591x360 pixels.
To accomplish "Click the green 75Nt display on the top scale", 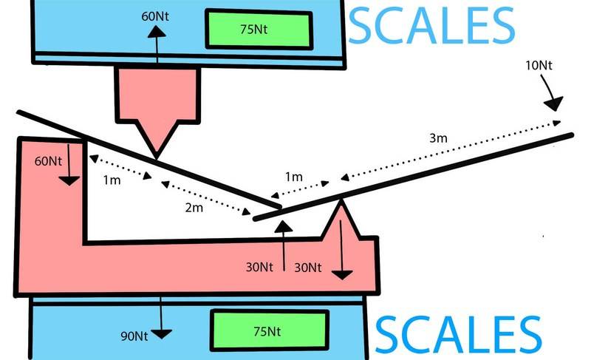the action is pyautogui.click(x=259, y=30).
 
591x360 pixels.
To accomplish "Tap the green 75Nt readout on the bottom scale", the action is pyautogui.click(x=269, y=330).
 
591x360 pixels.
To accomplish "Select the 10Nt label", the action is pyautogui.click(x=539, y=65).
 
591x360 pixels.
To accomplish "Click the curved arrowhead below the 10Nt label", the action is pyautogui.click(x=553, y=103).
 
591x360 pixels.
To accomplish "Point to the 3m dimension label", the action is pyautogui.click(x=438, y=138).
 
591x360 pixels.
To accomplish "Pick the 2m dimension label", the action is pyautogui.click(x=194, y=207).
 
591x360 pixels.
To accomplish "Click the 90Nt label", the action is pyautogui.click(x=134, y=336).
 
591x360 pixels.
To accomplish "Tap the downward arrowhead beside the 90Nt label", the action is pyautogui.click(x=161, y=334).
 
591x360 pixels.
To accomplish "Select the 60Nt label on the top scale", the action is pyautogui.click(x=155, y=16).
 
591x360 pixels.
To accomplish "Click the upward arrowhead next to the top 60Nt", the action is pyautogui.click(x=157, y=32).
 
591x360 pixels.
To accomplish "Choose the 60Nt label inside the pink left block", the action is pyautogui.click(x=48, y=161).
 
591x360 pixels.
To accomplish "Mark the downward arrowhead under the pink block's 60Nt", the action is pyautogui.click(x=69, y=181).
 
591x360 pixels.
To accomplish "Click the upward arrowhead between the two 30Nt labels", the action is pyautogui.click(x=284, y=226).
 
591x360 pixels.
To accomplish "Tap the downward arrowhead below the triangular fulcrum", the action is pyautogui.click(x=342, y=275).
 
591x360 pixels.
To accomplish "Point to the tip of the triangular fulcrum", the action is pyautogui.click(x=341, y=200).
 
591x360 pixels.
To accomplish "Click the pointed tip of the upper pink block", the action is pyautogui.click(x=156, y=158).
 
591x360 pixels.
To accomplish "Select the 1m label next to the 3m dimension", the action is pyautogui.click(x=293, y=177).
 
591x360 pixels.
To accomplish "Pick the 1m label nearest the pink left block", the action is pyautogui.click(x=112, y=180).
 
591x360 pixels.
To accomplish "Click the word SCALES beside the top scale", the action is pyautogui.click(x=431, y=25).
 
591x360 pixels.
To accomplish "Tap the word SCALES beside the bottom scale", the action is pyautogui.click(x=458, y=335).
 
